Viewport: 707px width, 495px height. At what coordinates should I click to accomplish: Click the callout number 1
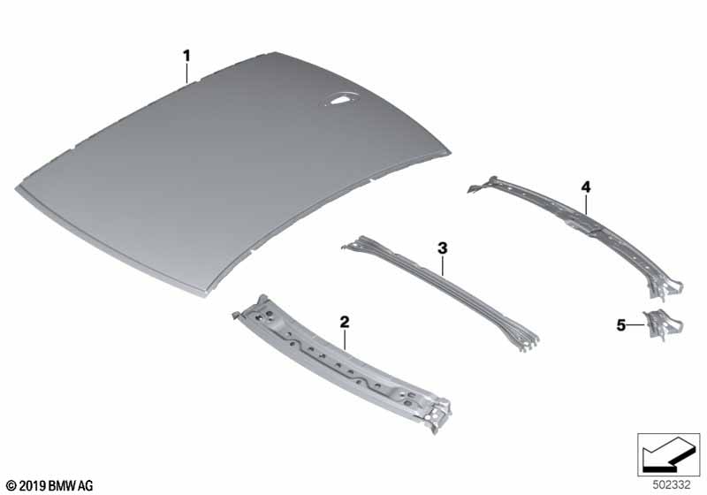point(186,57)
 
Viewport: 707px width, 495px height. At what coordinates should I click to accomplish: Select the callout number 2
point(345,322)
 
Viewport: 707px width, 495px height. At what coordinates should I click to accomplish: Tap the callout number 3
point(443,248)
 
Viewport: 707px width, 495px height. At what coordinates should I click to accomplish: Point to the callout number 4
point(585,187)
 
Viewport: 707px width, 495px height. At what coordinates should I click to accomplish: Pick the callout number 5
point(621,325)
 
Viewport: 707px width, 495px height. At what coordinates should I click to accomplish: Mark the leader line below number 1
point(186,73)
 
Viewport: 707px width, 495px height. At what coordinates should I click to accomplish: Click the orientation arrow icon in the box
point(668,454)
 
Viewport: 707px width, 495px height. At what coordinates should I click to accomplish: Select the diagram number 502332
point(672,485)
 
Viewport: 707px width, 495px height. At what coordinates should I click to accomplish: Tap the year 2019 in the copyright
point(33,486)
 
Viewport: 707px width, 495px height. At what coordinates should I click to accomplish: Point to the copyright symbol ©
point(12,486)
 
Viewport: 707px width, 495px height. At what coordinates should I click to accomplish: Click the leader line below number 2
point(345,339)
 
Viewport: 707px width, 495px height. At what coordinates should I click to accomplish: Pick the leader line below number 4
point(586,203)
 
